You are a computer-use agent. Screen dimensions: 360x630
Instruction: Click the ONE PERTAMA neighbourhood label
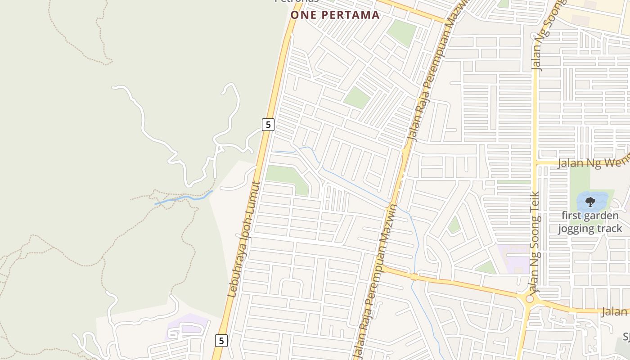(x=335, y=15)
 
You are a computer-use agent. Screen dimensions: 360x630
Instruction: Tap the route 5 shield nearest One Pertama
(x=268, y=124)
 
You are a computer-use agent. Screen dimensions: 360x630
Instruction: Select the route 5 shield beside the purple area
(x=221, y=341)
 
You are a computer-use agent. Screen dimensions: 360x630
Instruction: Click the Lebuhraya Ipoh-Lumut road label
(x=244, y=239)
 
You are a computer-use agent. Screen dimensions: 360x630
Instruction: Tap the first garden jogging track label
(x=590, y=222)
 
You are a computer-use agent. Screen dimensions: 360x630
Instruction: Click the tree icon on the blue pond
(x=590, y=202)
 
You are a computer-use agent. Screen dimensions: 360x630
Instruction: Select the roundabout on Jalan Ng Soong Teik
(x=530, y=298)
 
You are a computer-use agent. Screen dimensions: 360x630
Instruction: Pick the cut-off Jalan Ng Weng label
(x=593, y=162)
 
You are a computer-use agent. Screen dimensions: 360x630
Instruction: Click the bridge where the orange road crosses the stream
(x=414, y=276)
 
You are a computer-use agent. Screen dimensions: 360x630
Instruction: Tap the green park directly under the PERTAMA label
(x=401, y=31)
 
